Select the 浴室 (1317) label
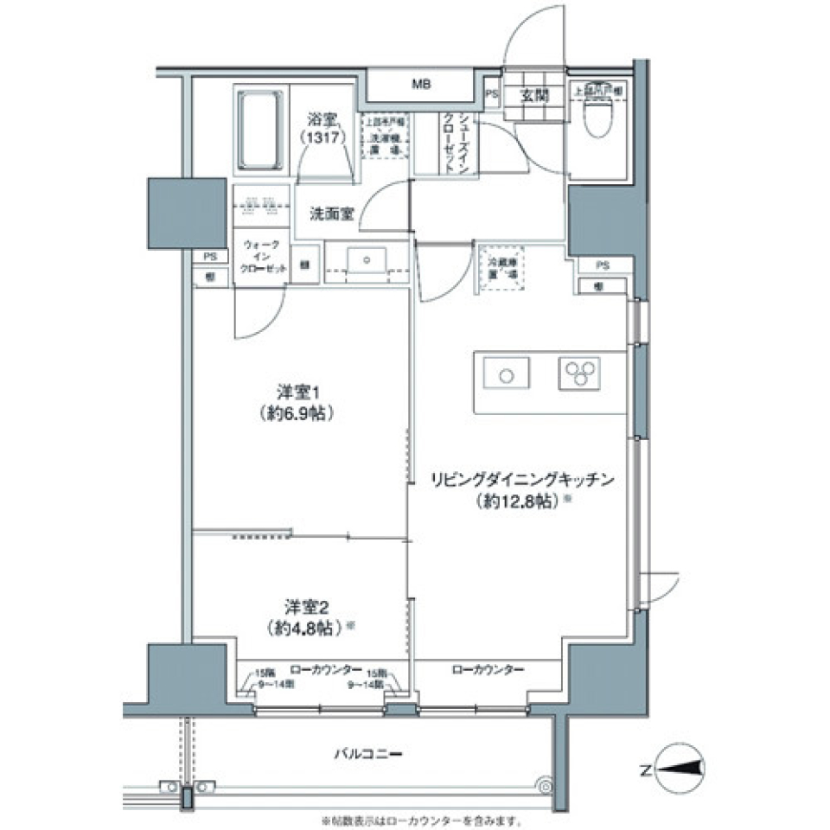pyautogui.click(x=324, y=129)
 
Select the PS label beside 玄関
pyautogui.click(x=492, y=96)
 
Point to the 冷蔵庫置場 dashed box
pyautogui.click(x=501, y=267)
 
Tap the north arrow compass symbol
pyautogui.click(x=681, y=768)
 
